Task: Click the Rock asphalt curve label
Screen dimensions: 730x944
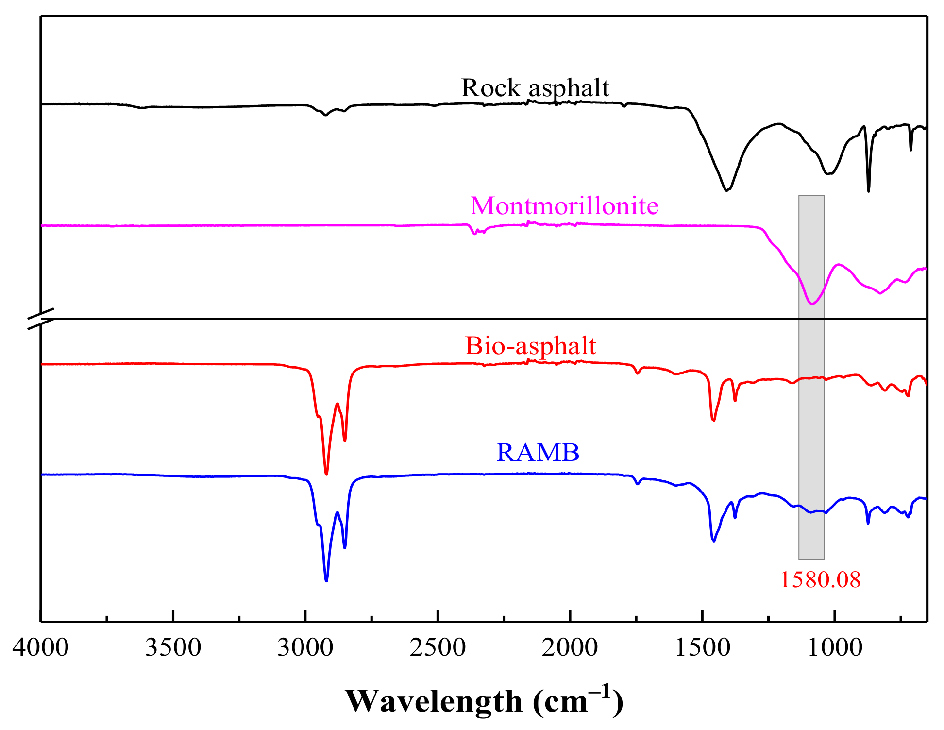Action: pyautogui.click(x=535, y=88)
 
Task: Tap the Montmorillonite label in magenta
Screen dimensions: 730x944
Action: pyautogui.click(x=564, y=206)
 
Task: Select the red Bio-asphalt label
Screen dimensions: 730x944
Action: pyautogui.click(x=530, y=346)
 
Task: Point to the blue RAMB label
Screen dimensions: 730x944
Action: pyautogui.click(x=538, y=452)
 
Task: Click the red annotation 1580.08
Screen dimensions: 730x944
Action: pyautogui.click(x=820, y=579)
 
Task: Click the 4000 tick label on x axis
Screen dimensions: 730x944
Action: pyautogui.click(x=41, y=648)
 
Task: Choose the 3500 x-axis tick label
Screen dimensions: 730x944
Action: pyautogui.click(x=173, y=648)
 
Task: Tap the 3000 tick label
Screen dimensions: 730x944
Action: pyautogui.click(x=305, y=648)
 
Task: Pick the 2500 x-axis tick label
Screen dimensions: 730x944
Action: pyautogui.click(x=438, y=648)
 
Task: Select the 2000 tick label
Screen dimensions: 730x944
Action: pyautogui.click(x=570, y=648)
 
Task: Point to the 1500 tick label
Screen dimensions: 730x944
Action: pyautogui.click(x=702, y=648)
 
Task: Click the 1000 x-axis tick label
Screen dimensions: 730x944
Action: pyautogui.click(x=834, y=648)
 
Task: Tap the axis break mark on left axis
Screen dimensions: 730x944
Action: pyautogui.click(x=40, y=319)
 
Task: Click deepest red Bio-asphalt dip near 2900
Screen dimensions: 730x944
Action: pyautogui.click(x=326, y=474)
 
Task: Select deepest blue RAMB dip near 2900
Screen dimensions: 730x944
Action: pyautogui.click(x=326, y=580)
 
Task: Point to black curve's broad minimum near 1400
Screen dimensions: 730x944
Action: pyautogui.click(x=726, y=190)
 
